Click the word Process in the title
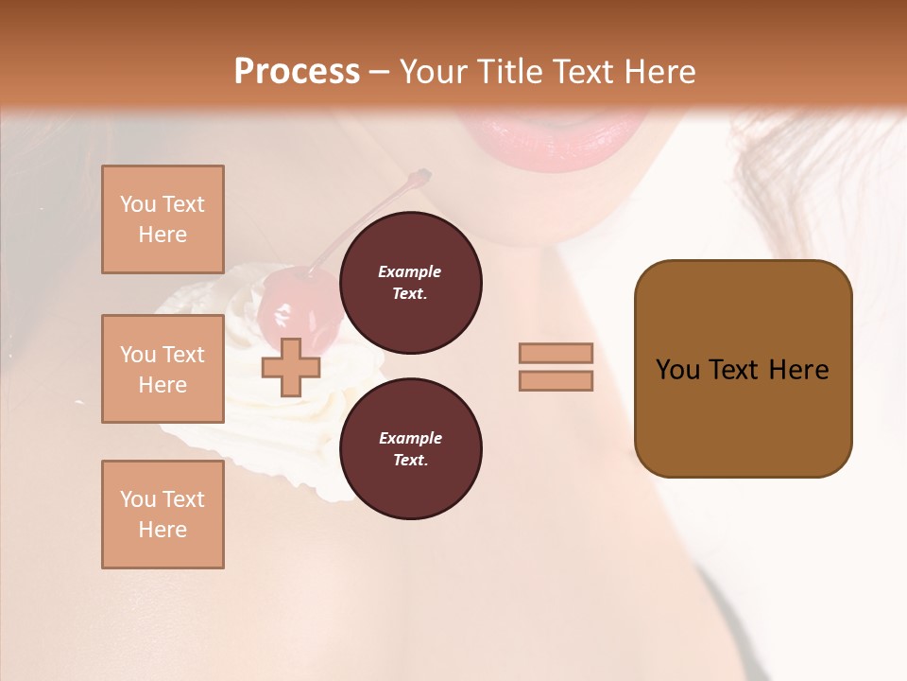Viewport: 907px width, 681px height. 297,72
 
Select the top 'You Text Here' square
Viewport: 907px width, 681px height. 163,219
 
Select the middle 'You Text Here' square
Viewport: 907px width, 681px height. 163,369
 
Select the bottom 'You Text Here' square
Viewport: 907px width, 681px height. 163,515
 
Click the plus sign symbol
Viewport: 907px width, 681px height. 290,367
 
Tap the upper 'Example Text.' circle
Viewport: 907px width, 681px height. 410,282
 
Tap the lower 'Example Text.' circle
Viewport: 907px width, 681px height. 410,448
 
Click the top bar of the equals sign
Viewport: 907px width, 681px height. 556,353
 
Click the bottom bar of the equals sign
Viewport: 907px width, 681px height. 556,380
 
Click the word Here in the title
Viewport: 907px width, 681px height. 661,72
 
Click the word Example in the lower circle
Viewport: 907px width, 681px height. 410,438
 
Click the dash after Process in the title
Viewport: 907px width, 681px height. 380,72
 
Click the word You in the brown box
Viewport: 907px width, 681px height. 677,370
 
